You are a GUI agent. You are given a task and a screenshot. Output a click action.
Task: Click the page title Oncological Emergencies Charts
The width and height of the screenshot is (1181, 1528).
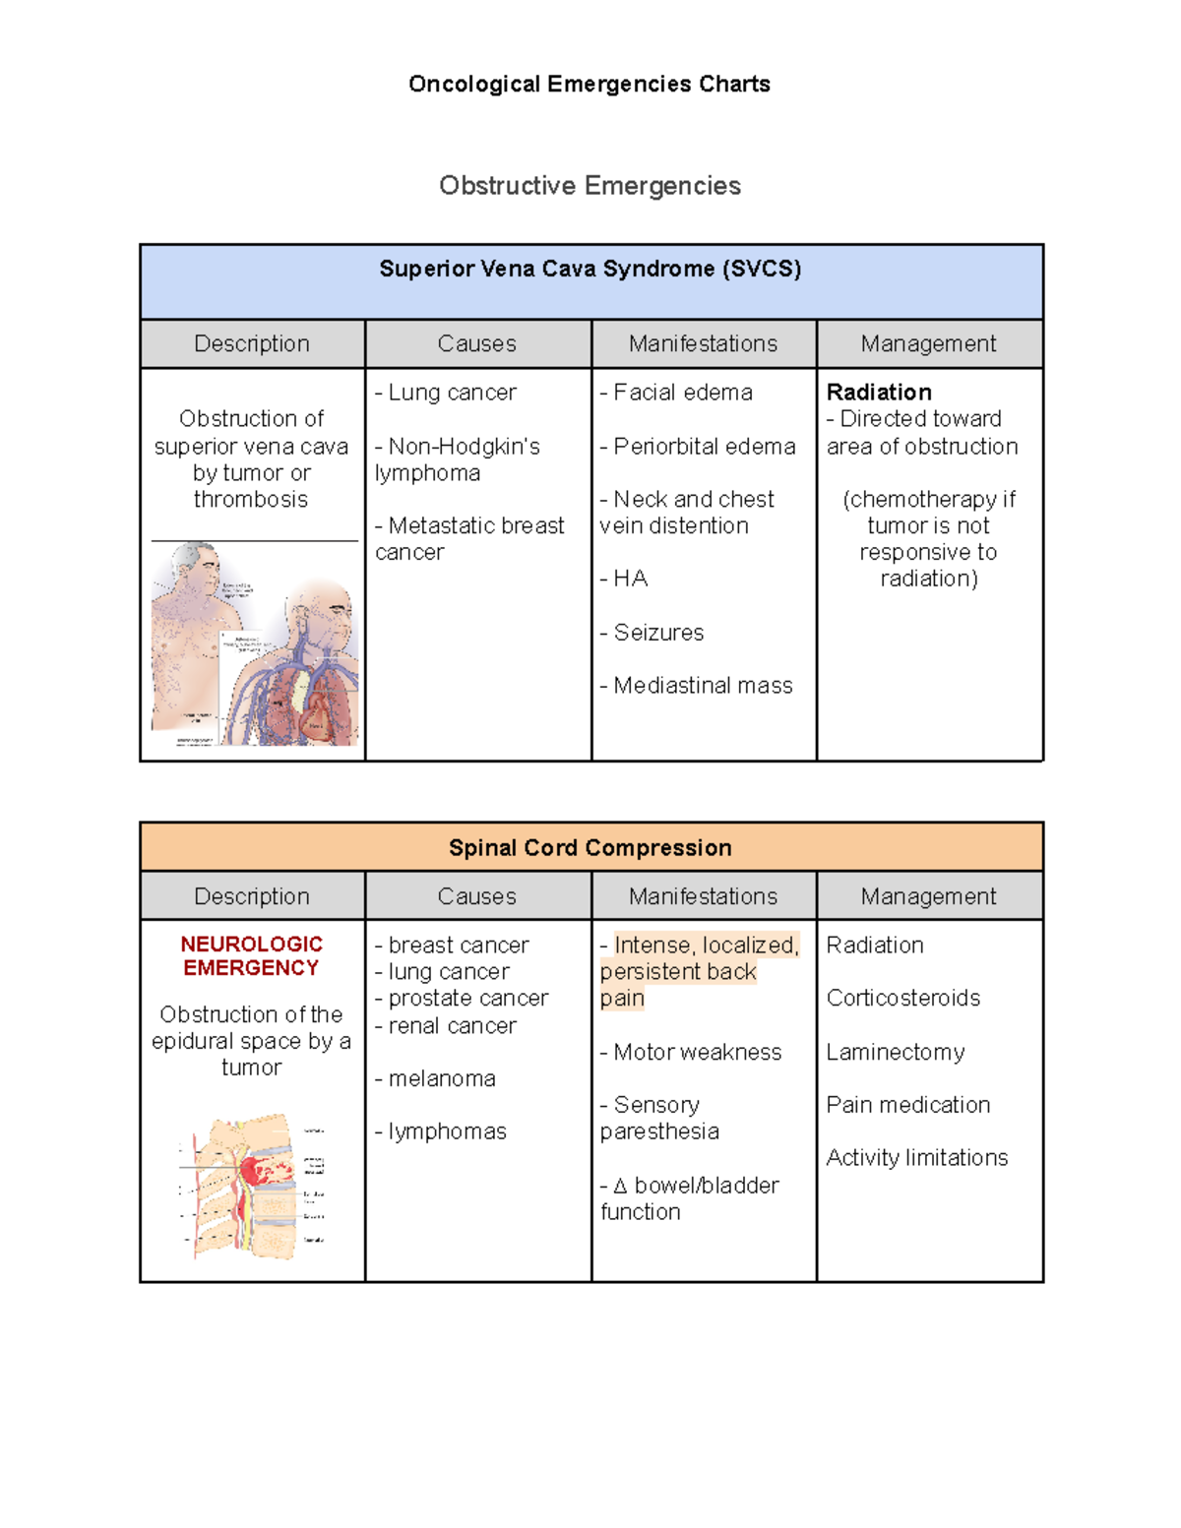(x=589, y=85)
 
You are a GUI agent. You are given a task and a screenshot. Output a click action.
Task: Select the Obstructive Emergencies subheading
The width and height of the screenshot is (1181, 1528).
(x=590, y=186)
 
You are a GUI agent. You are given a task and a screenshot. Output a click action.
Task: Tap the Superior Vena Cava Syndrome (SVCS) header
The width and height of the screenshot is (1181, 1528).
(x=590, y=269)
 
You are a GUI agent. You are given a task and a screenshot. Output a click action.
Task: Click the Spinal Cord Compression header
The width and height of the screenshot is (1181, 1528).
(x=590, y=848)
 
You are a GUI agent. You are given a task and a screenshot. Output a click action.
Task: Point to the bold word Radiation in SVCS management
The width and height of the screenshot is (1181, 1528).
(x=879, y=393)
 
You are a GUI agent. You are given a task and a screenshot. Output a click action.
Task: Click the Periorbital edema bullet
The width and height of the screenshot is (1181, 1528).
(x=698, y=447)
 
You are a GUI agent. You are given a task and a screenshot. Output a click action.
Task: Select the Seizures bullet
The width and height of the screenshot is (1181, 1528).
(x=653, y=633)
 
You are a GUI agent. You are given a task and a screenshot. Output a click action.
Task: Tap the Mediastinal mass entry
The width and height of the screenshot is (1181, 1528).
(x=697, y=686)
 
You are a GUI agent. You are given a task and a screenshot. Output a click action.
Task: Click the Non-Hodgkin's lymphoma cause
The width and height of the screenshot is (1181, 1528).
(x=458, y=459)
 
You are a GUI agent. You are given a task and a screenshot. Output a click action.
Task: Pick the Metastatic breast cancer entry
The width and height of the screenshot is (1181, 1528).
(x=469, y=539)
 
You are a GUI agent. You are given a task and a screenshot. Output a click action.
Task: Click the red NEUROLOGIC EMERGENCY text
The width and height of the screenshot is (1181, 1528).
(x=251, y=956)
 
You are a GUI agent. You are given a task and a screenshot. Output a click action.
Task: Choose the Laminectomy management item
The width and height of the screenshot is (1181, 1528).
(x=896, y=1053)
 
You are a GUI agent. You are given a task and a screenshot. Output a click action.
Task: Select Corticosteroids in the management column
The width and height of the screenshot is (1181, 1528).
(x=903, y=999)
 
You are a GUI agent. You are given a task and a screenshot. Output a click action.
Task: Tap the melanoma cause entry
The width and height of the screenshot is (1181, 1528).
(x=436, y=1079)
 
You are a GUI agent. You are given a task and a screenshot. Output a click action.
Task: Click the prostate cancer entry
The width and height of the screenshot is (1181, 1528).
(x=462, y=999)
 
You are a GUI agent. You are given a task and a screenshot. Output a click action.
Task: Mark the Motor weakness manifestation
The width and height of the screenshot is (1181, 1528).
(x=691, y=1053)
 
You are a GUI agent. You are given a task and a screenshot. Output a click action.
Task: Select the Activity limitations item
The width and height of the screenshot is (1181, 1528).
(x=917, y=1158)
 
